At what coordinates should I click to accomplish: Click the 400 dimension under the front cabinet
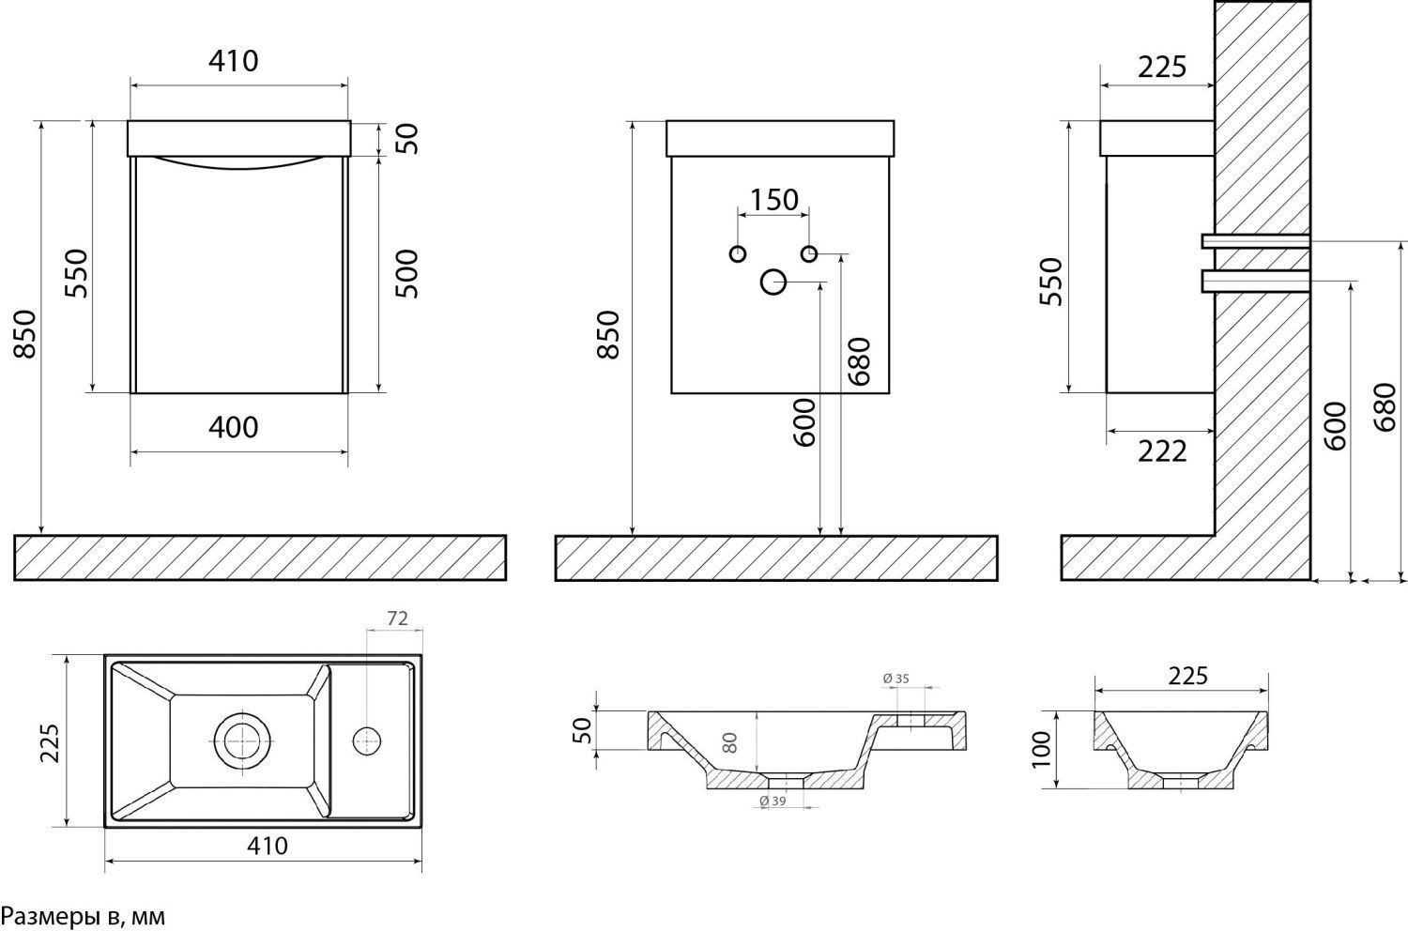tap(233, 427)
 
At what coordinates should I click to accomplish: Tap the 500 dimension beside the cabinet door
tap(406, 273)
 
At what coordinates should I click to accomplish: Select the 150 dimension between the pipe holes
tap(774, 200)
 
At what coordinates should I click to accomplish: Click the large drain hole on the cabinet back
tap(773, 282)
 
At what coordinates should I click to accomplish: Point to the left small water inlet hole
tap(737, 253)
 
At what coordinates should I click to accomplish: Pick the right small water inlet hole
tap(809, 253)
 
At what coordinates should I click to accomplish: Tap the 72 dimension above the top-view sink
tap(396, 618)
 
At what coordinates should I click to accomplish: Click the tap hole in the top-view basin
tap(366, 741)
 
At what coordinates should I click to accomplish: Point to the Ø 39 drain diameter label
tap(772, 801)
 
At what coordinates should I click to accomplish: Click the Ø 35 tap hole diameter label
tap(897, 679)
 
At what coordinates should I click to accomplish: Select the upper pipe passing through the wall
tap(1256, 241)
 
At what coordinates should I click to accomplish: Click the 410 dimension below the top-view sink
tap(268, 846)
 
